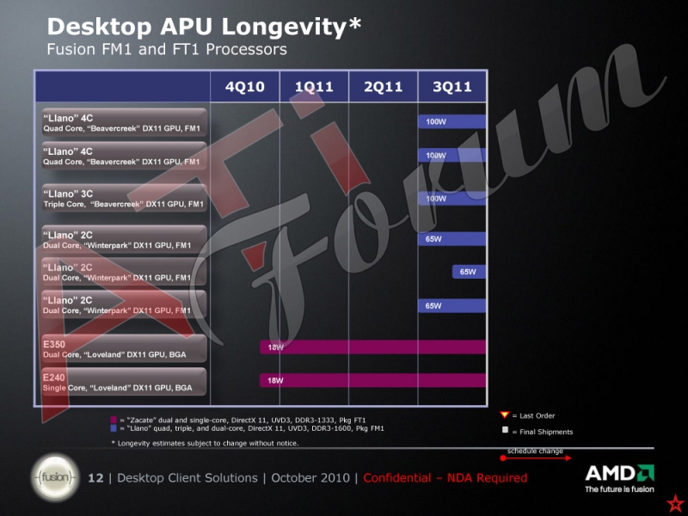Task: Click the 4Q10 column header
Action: pos(245,87)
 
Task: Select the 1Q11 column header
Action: pos(315,87)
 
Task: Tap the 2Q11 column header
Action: pos(384,87)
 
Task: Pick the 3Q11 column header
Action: pos(452,87)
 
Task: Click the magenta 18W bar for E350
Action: pos(372,347)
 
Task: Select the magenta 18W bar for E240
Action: pos(372,379)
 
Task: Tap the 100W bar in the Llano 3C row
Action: pos(451,198)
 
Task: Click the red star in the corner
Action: pos(677,502)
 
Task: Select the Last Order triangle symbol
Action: pos(505,415)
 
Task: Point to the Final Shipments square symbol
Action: pos(505,430)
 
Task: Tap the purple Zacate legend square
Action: pos(114,420)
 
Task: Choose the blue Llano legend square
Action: pos(114,427)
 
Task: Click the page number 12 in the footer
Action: pos(95,477)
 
